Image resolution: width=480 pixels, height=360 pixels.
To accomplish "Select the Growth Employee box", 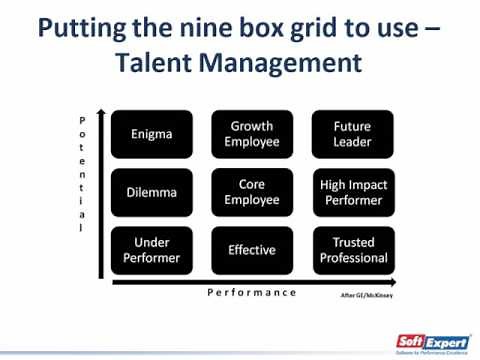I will pos(252,134).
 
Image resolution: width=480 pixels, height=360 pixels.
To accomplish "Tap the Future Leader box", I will pos(353,134).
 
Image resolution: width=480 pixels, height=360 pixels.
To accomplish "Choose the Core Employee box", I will pos(252,192).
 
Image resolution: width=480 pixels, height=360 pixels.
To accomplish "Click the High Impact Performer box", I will pos(353,192).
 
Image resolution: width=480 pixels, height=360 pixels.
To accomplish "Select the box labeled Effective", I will pos(252,250).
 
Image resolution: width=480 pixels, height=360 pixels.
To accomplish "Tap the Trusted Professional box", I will pos(353,250).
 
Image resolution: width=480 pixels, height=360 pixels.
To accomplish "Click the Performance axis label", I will pos(252,292).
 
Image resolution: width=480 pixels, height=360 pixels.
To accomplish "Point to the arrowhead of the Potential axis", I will pos(101,112).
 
